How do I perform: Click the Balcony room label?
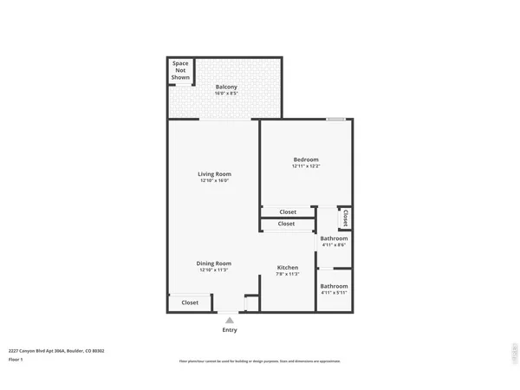click(226, 87)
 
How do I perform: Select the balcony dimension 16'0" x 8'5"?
click(226, 94)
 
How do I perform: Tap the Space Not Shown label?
click(180, 70)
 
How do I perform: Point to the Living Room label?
click(215, 173)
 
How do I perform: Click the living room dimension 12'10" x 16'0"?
click(215, 180)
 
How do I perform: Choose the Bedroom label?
click(306, 159)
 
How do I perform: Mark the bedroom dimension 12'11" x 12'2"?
click(306, 166)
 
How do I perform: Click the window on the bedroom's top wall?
click(336, 120)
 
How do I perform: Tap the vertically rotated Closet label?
click(346, 217)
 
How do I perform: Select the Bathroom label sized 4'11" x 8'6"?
click(334, 238)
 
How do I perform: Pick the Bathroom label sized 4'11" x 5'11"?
click(334, 286)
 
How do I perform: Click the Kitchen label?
click(288, 267)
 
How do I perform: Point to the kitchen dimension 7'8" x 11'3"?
click(288, 274)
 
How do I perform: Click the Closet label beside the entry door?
click(190, 302)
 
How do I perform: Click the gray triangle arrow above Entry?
click(230, 320)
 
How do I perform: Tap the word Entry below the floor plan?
click(230, 329)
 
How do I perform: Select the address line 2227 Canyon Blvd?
click(56, 351)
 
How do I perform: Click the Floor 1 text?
click(16, 359)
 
